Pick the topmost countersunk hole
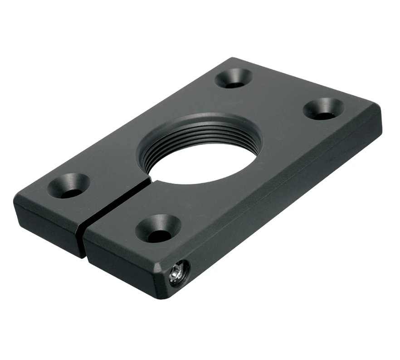tap(234, 78)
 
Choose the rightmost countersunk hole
tap(323, 109)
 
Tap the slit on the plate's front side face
tap(83, 241)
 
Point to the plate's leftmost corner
tap(15, 202)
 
